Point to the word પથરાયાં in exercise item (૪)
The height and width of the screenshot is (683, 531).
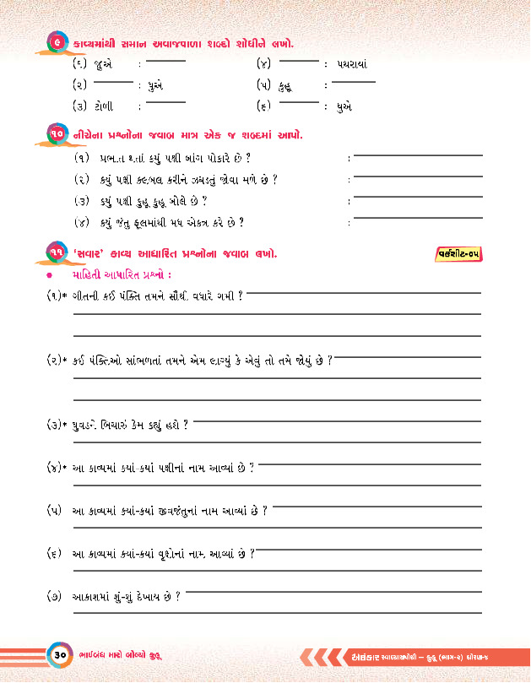350,65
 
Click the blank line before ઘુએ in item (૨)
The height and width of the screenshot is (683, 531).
115,83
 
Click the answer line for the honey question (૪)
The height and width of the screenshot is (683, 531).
418,219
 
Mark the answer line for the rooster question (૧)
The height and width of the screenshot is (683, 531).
418,155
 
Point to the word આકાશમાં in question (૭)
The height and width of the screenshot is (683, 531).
90,597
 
